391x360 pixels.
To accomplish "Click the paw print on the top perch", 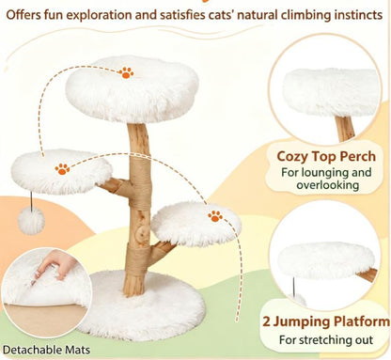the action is (126, 72).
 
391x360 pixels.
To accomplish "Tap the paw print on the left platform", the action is (62, 169).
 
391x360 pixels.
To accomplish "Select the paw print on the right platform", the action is (215, 216).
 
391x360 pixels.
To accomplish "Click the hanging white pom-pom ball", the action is (31, 220).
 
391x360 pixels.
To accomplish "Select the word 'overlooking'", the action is (328, 185).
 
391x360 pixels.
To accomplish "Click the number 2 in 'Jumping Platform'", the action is (266, 321).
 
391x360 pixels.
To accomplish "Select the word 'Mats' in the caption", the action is (78, 350).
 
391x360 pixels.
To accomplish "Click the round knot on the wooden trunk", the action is (144, 232).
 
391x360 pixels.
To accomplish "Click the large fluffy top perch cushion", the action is (133, 89).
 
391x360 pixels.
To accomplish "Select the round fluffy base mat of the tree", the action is (141, 305).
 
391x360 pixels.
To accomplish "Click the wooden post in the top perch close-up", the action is (345, 129).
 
